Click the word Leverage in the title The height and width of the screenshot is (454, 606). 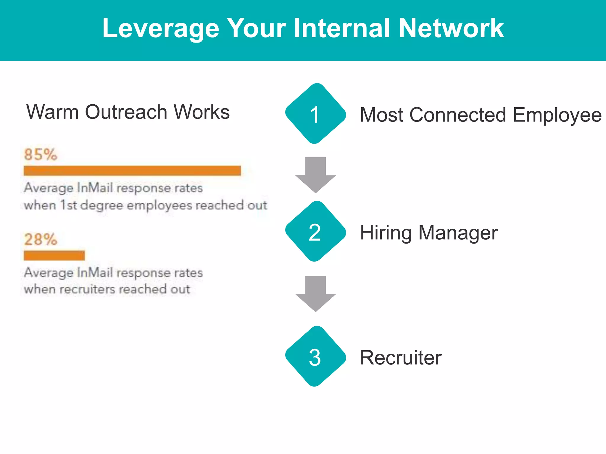[161, 29]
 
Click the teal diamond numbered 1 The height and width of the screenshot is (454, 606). [315, 114]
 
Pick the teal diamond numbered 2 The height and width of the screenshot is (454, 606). [315, 231]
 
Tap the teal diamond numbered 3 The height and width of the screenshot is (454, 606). [315, 356]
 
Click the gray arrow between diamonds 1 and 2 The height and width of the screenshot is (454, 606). [315, 174]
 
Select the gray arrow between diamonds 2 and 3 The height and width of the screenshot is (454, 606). [315, 293]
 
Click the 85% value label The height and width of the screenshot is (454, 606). [41, 155]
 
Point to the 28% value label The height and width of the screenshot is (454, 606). [41, 239]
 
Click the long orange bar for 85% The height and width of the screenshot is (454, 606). [132, 171]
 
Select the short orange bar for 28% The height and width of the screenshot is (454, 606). [54, 255]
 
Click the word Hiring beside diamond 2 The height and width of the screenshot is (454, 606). [386, 233]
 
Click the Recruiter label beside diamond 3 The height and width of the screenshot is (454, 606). [401, 358]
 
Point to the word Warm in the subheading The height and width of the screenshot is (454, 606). [52, 112]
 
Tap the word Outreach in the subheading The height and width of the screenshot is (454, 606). [126, 112]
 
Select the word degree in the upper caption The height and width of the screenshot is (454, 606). [101, 205]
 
